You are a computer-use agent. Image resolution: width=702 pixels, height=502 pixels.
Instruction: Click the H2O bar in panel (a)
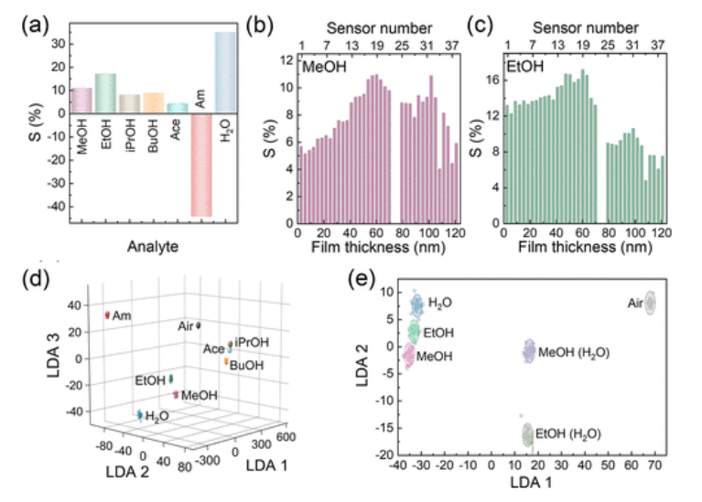point(225,73)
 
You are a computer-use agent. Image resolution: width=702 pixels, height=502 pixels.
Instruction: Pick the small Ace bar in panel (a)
point(178,108)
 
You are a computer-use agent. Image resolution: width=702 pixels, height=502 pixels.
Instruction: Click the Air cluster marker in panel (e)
point(651,303)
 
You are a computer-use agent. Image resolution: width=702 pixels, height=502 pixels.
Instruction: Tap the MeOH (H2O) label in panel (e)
point(574,352)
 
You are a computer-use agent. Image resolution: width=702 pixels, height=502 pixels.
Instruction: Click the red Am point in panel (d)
point(107,315)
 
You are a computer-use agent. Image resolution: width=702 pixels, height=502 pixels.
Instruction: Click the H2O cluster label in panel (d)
point(158,415)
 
